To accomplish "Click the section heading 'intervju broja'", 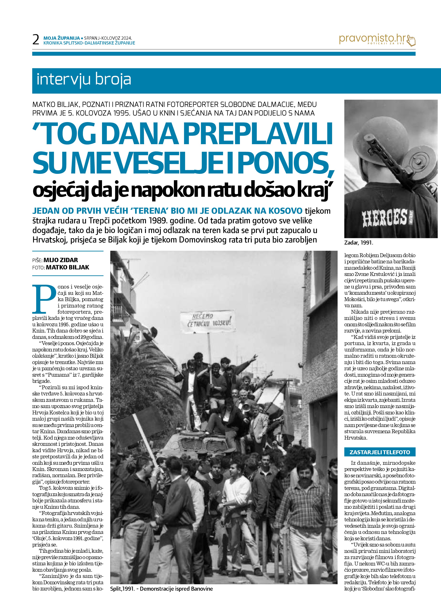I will pos(84,80).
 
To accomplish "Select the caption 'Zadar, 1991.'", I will pos(358,243).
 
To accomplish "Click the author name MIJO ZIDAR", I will pos(61,260).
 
